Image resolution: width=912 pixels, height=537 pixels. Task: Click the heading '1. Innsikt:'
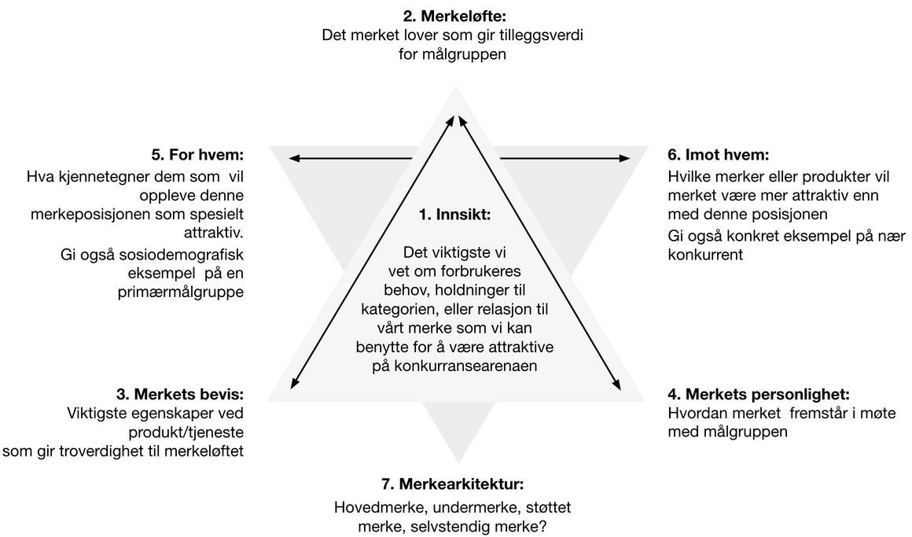click(x=454, y=214)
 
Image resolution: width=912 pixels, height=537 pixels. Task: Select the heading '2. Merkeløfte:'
click(x=454, y=16)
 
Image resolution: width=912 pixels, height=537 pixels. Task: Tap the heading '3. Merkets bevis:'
click(x=180, y=394)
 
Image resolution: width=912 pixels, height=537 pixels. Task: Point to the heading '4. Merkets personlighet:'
click(x=759, y=394)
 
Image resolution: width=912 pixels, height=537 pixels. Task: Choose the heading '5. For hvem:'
click(x=197, y=155)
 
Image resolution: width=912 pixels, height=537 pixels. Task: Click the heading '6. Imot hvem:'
click(x=718, y=155)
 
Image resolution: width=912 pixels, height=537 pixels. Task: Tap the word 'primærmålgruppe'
click(x=186, y=292)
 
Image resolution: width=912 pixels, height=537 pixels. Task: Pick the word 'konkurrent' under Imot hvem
click(x=705, y=254)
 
